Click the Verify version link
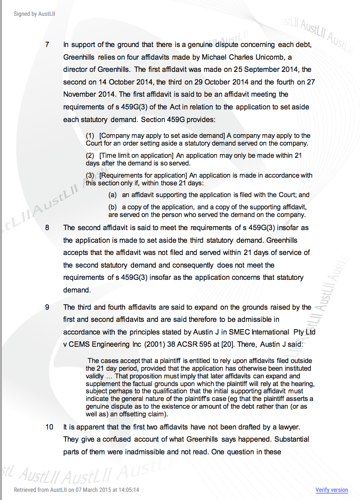(x=332, y=490)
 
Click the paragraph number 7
(x=47, y=45)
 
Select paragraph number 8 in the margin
(x=47, y=227)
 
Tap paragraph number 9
(x=47, y=307)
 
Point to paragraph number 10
(x=49, y=427)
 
